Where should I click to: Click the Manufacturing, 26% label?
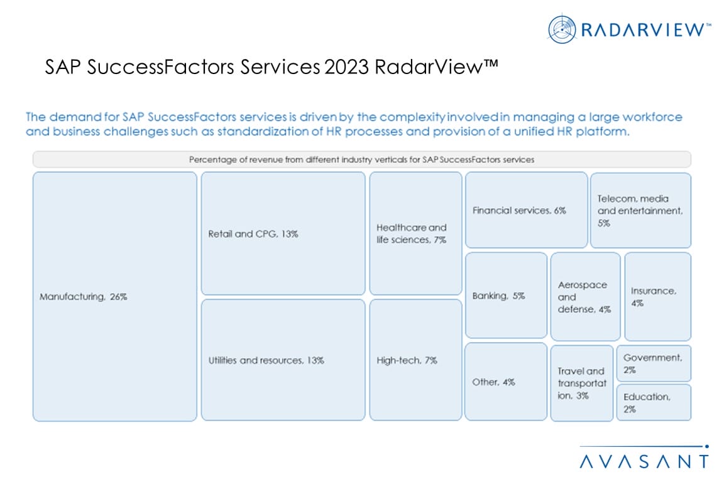pos(83,297)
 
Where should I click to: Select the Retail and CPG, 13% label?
pos(253,234)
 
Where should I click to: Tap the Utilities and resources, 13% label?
pos(266,360)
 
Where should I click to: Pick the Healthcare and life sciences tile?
pos(415,233)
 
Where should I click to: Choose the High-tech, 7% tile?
pos(415,360)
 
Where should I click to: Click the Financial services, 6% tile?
pos(527,210)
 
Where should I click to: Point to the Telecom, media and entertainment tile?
pos(640,210)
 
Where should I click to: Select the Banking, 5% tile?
pos(506,295)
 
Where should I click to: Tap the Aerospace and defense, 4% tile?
pos(586,297)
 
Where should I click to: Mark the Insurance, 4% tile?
pos(657,297)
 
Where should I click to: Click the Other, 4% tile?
pos(505,382)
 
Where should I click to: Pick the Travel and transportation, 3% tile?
pos(582,383)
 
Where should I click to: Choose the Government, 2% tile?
pos(654,363)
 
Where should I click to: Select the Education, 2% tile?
pos(654,403)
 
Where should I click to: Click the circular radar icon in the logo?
pos(562,29)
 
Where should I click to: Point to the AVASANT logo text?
pos(644,461)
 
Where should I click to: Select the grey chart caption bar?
pos(361,159)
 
